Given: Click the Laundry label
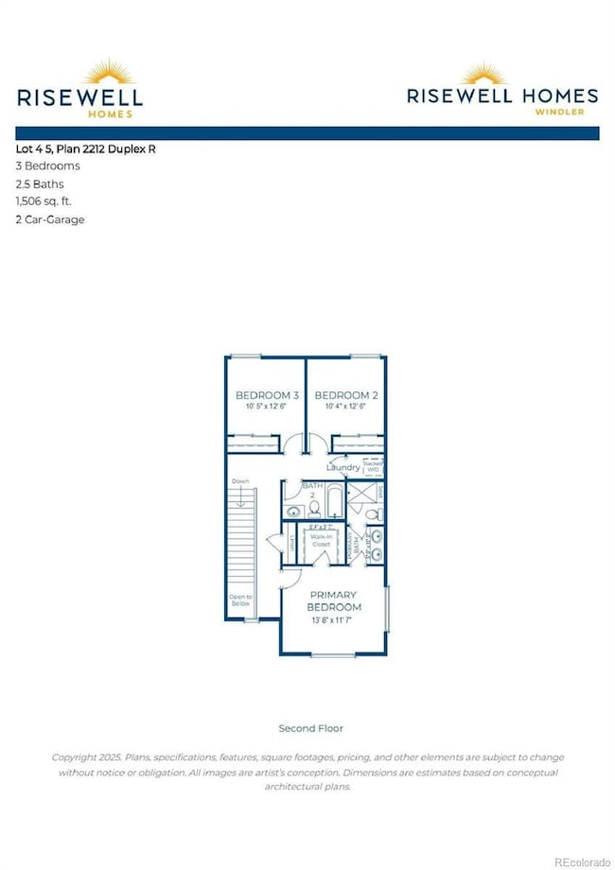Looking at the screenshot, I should (343, 467).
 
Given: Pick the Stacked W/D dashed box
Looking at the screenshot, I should (373, 465).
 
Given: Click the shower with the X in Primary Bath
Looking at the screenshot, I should (361, 493).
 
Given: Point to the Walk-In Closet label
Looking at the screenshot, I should (322, 545).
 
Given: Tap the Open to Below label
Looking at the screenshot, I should (240, 600).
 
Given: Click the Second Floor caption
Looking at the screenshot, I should (310, 728).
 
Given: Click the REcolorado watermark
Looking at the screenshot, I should (582, 861).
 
